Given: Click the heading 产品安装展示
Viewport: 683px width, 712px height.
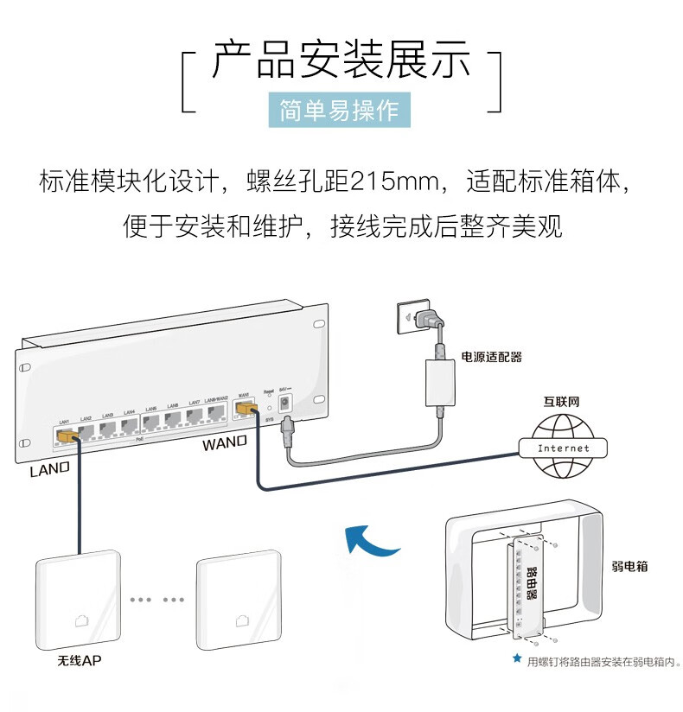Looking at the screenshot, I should point(341,61).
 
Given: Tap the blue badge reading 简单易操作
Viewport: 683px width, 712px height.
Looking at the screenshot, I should point(339,111).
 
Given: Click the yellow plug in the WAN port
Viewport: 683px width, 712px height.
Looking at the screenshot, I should point(246,408).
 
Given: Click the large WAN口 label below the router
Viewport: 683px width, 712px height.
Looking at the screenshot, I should point(225,444).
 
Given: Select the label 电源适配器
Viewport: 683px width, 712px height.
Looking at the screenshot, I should point(491,357).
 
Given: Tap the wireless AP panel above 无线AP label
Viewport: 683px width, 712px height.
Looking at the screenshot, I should point(77,602).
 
